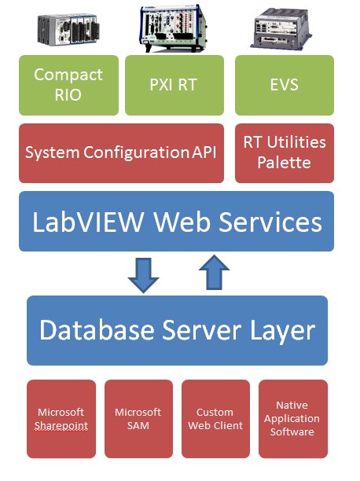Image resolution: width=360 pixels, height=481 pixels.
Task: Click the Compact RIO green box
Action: coord(68,86)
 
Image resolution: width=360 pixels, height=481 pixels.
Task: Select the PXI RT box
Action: coord(174,86)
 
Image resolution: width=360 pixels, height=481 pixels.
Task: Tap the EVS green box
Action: coord(285,86)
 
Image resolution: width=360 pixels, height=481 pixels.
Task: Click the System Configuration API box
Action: coord(121,153)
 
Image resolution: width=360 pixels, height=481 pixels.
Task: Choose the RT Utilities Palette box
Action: coord(285,153)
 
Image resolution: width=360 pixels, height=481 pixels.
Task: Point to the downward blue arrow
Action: coord(143,275)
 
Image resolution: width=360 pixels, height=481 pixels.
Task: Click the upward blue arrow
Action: coord(215,272)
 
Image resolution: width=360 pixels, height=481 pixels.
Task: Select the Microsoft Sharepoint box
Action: coord(61,419)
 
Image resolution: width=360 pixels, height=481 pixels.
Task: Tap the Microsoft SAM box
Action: coord(138,419)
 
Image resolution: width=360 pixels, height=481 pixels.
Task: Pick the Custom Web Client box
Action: coord(215,419)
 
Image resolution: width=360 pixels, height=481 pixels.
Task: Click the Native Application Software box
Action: coord(293,419)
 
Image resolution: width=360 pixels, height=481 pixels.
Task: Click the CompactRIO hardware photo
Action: coord(68,30)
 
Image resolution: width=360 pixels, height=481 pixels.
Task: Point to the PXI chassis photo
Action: coord(174,28)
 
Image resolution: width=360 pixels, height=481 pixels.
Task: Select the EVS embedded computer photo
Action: coord(281,29)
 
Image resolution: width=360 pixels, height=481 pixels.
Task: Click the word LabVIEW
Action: coord(88,222)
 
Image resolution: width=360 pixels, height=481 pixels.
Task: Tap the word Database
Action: coord(97,330)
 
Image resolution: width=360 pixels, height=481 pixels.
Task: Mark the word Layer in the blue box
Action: coord(283,332)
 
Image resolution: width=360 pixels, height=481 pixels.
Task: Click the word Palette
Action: coord(284,162)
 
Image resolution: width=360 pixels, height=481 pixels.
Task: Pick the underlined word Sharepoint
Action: coord(61,426)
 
